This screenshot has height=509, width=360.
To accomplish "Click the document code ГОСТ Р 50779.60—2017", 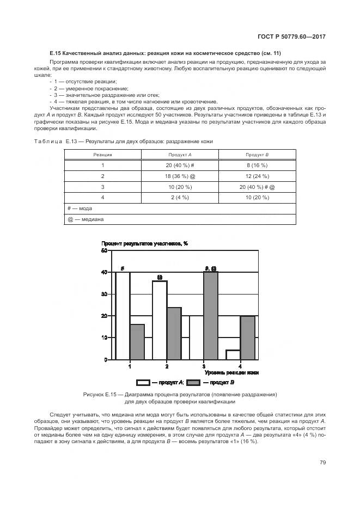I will [x=296, y=37].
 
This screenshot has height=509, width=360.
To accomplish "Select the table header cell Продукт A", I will [x=180, y=155].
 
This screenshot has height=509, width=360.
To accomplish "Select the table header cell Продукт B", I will [x=257, y=155].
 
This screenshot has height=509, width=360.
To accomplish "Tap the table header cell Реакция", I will [x=102, y=155].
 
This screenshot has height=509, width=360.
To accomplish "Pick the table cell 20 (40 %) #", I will [x=180, y=165].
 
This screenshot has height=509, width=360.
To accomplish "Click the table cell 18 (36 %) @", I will [x=180, y=176].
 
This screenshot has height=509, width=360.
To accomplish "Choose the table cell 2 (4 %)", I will [x=180, y=198].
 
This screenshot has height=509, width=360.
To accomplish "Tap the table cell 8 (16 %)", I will [x=257, y=165].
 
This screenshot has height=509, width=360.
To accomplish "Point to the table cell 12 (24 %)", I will [x=257, y=176].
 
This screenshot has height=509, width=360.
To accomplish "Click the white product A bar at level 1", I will [x=123, y=316].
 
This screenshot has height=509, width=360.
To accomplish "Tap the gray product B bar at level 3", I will [x=211, y=316].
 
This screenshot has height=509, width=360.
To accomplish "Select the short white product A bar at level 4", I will [x=233, y=355].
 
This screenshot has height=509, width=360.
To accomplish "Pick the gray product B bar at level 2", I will [x=174, y=333].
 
